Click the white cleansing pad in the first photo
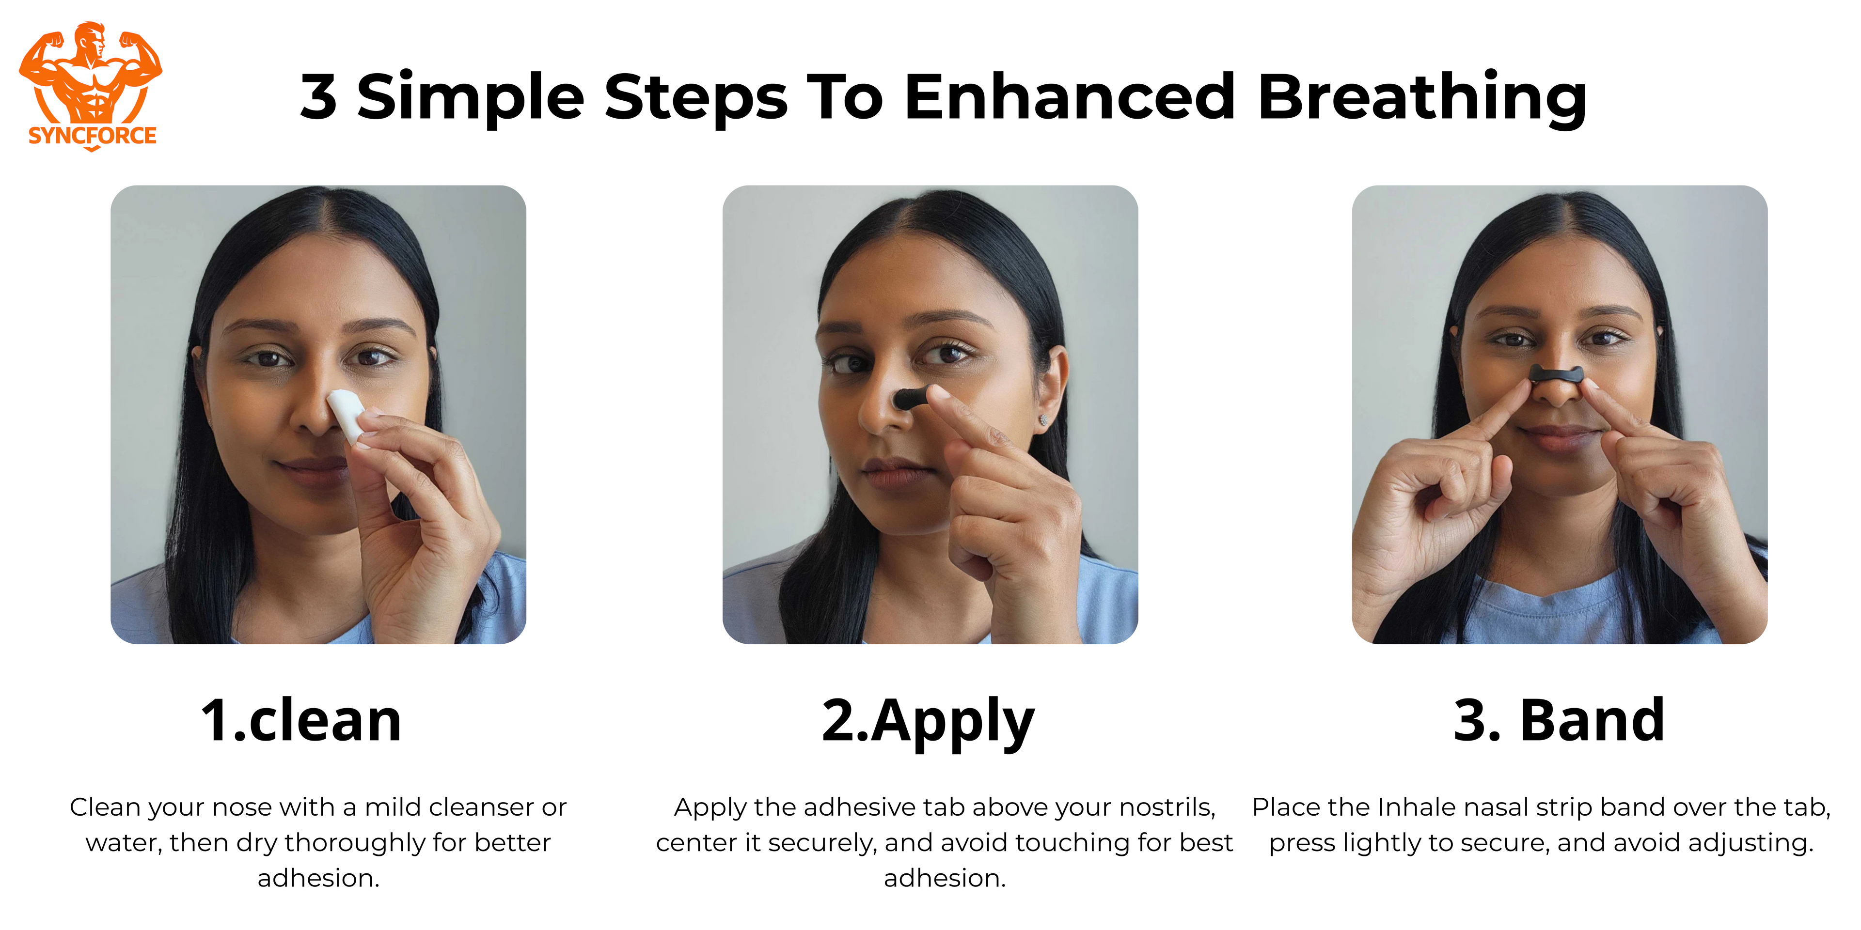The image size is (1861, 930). pyautogui.click(x=347, y=415)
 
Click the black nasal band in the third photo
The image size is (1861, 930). pyautogui.click(x=1557, y=373)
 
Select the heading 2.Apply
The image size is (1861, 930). pyautogui.click(x=929, y=723)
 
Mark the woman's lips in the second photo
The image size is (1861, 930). pyautogui.click(x=894, y=471)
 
